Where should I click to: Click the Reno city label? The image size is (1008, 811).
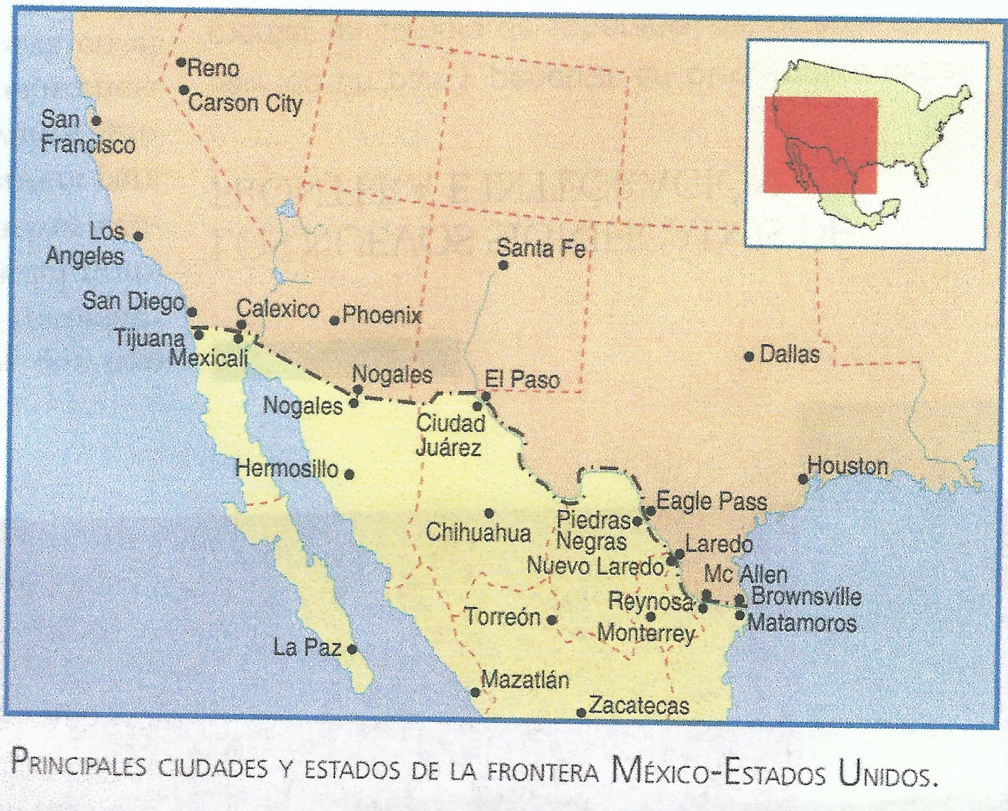[213, 68]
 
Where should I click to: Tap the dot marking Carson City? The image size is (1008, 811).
[183, 90]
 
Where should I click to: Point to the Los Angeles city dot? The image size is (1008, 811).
[139, 237]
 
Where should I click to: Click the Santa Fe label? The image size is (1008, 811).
[541, 249]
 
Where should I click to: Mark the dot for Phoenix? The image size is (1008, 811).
[335, 320]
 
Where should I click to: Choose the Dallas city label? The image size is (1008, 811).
[789, 354]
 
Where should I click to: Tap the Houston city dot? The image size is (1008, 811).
[803, 479]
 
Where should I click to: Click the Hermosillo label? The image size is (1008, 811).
[287, 469]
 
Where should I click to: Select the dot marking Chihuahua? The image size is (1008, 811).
[489, 513]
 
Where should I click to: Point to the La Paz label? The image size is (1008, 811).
[307, 647]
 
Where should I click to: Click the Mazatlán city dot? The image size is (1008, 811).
[476, 692]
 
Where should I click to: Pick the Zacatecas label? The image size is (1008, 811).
[639, 706]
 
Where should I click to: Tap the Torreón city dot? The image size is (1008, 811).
[552, 620]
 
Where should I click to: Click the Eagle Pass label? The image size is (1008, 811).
[711, 502]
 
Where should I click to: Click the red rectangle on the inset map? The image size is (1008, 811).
[820, 144]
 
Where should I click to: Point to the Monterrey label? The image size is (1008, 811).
[645, 633]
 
